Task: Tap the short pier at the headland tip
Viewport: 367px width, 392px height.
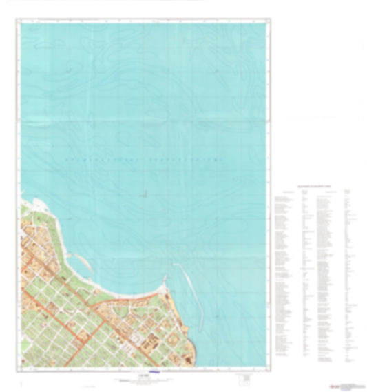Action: coord(165,279)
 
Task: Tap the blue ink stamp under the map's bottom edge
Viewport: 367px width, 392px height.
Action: coord(156,374)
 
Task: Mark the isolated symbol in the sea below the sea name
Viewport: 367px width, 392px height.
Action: coord(143,195)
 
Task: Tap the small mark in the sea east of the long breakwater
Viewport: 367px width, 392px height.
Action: coord(218,316)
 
